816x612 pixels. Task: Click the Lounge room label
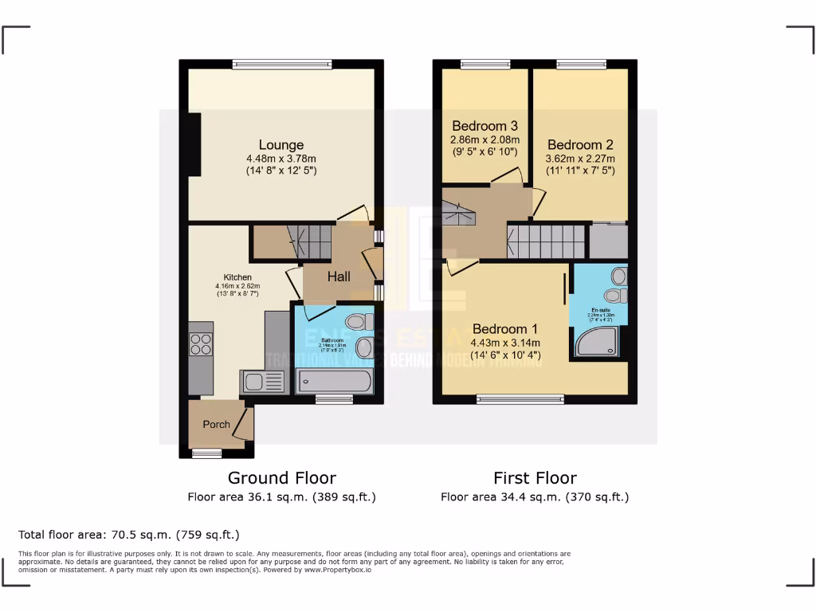pyautogui.click(x=281, y=145)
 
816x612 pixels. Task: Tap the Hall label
pyautogui.click(x=339, y=277)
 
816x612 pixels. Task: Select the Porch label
pyautogui.click(x=216, y=424)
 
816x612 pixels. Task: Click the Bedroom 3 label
pyautogui.click(x=484, y=126)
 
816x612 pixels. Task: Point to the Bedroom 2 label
pyautogui.click(x=580, y=145)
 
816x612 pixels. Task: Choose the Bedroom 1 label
pyautogui.click(x=505, y=329)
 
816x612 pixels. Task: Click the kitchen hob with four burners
pyautogui.click(x=201, y=344)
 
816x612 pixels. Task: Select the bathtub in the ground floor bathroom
pyautogui.click(x=334, y=382)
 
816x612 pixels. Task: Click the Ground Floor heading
pyautogui.click(x=281, y=478)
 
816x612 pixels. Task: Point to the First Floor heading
pyautogui.click(x=535, y=478)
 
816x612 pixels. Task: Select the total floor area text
pyautogui.click(x=128, y=535)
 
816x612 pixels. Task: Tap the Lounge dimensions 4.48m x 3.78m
pyautogui.click(x=281, y=159)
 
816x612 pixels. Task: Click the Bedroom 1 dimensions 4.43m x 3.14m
pyautogui.click(x=505, y=343)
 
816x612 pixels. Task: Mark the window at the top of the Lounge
pyautogui.click(x=281, y=65)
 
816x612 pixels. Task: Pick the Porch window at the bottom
pyautogui.click(x=207, y=453)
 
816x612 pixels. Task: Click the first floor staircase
pyautogui.click(x=547, y=240)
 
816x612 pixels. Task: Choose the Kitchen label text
pyautogui.click(x=237, y=277)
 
